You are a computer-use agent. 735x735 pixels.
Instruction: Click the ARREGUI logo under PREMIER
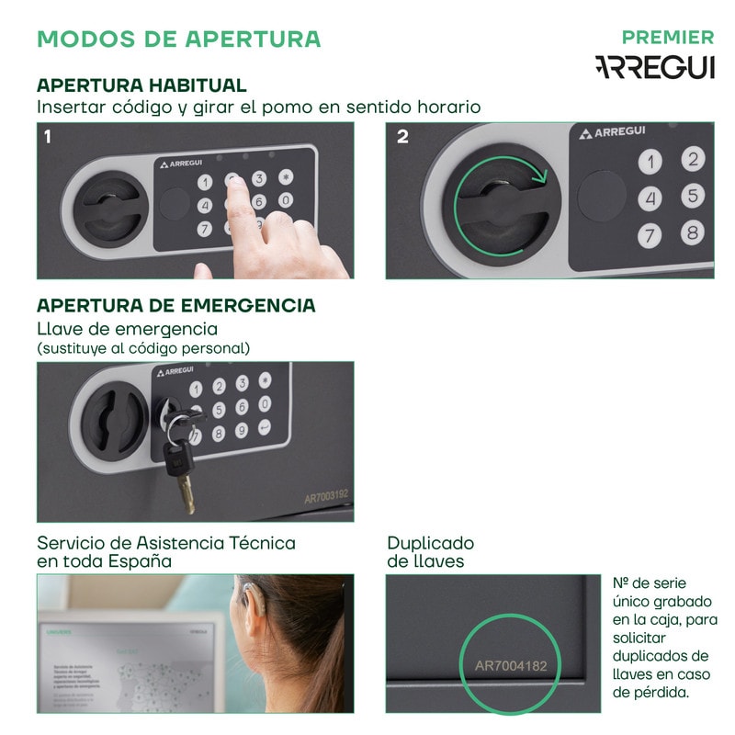pos(654,67)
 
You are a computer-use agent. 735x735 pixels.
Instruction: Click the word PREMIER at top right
pos(667,38)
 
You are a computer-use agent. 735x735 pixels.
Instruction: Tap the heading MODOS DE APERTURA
pos(178,39)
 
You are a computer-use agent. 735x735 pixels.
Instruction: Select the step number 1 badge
pos(48,137)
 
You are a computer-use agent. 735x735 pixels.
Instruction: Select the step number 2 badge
pos(402,137)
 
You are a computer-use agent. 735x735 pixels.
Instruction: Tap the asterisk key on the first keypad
pos(286,177)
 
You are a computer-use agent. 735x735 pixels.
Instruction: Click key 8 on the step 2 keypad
pos(693,232)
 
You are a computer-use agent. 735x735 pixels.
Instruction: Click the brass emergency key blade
pos(187,494)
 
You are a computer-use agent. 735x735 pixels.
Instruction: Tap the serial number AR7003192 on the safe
pos(326,497)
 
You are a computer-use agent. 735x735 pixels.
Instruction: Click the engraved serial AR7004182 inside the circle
pos(511,664)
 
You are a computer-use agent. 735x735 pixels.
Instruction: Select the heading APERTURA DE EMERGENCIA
pos(175,305)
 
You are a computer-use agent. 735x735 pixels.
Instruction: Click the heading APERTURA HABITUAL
pos(141,85)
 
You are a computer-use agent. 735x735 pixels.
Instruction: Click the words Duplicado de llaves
pos(430,551)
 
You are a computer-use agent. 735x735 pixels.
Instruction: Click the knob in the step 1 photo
pos(107,208)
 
